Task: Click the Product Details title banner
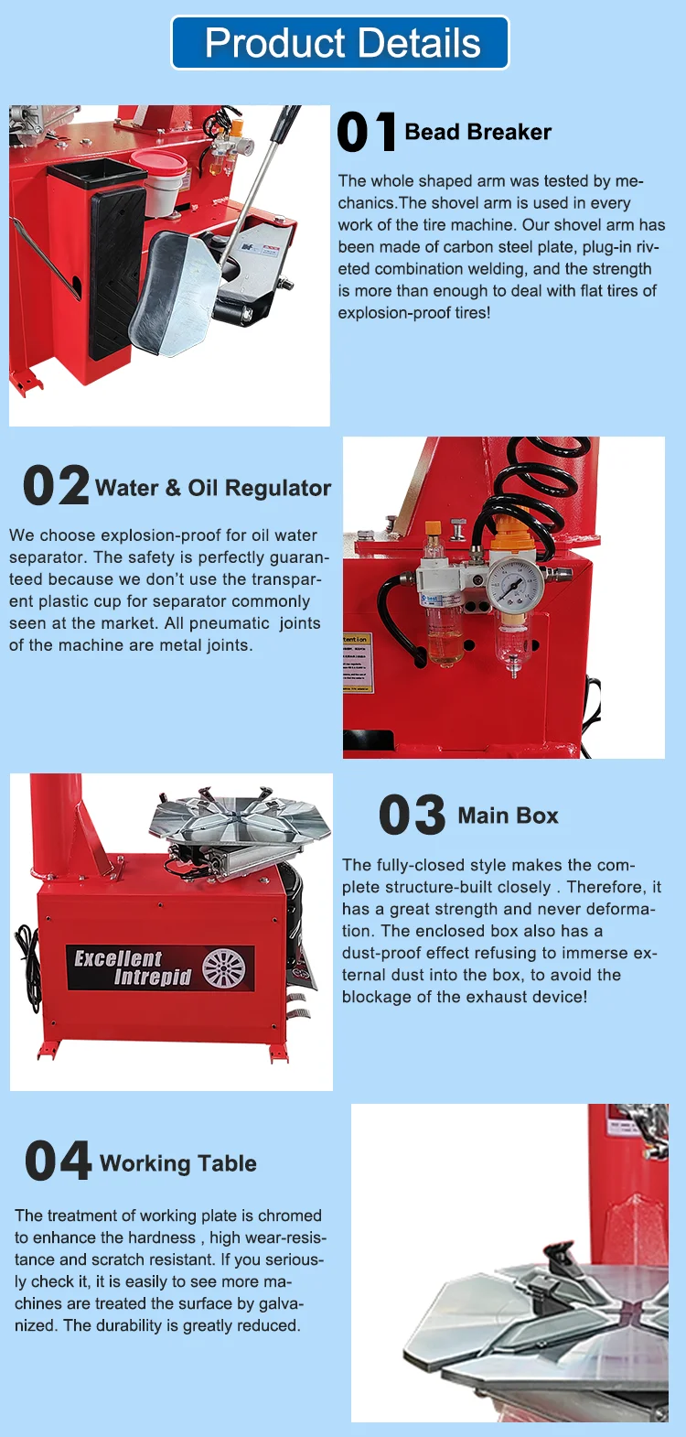(340, 43)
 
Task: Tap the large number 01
(366, 133)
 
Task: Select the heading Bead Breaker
(477, 132)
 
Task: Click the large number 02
(56, 486)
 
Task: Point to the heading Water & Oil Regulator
(212, 488)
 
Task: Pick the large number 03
(412, 816)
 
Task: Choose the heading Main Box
(508, 816)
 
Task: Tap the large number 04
(58, 1161)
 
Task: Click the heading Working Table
(177, 1163)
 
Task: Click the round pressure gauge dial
(515, 585)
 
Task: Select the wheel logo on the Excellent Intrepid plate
(224, 968)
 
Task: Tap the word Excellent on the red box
(118, 958)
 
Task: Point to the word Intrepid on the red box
(152, 978)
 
